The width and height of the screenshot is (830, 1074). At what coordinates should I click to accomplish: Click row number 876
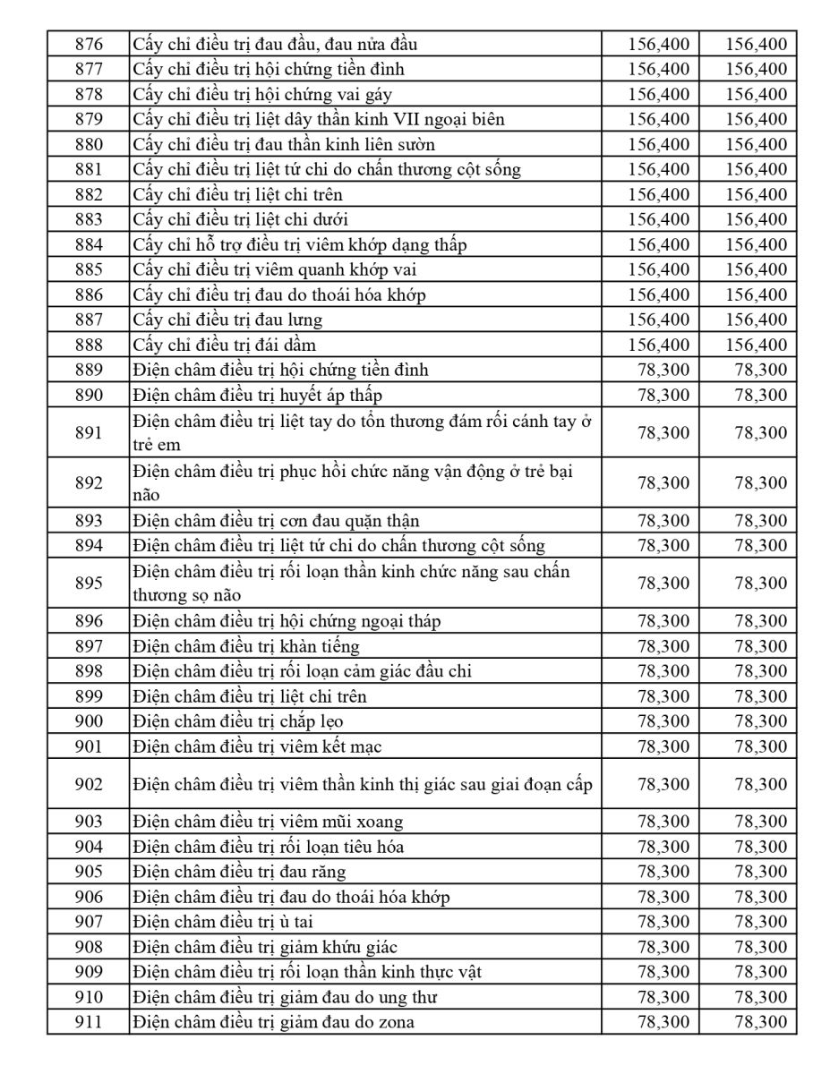pyautogui.click(x=88, y=44)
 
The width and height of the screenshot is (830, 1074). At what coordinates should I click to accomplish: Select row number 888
pyautogui.click(x=88, y=345)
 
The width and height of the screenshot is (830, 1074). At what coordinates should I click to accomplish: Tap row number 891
pyautogui.click(x=88, y=432)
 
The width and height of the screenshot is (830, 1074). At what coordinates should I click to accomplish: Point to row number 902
pyautogui.click(x=88, y=784)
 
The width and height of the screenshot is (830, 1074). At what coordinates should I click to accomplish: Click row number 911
pyautogui.click(x=88, y=1022)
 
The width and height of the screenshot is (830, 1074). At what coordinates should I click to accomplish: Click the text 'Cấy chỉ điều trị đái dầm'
pyautogui.click(x=224, y=345)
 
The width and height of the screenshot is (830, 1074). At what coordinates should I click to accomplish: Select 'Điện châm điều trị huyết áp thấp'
pyautogui.click(x=260, y=395)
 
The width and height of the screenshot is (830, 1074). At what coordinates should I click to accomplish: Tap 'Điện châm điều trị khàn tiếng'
pyautogui.click(x=246, y=646)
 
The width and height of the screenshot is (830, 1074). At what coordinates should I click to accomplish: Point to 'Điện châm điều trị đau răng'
pyautogui.click(x=239, y=872)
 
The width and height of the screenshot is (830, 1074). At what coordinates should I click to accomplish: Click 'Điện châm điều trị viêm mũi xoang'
pyautogui.click(x=268, y=822)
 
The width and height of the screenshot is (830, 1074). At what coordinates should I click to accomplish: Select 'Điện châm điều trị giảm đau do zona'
pyautogui.click(x=273, y=1022)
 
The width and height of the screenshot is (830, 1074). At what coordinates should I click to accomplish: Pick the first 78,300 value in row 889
pyautogui.click(x=663, y=370)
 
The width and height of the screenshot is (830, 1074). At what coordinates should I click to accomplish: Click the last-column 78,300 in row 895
pyautogui.click(x=760, y=583)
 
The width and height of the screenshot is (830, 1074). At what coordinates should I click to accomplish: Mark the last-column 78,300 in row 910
pyautogui.click(x=760, y=997)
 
